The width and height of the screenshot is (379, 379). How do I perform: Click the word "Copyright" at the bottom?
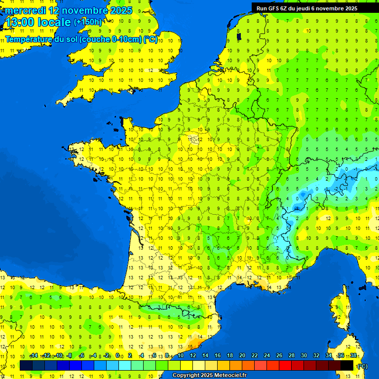pyautogui.click(x=187, y=375)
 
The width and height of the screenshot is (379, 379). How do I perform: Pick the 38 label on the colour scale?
pyautogui.click(x=353, y=355)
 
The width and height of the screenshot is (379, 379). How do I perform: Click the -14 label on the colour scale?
pyautogui.click(x=34, y=355)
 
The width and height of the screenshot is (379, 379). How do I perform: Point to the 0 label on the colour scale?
pyautogui.click(x=117, y=355)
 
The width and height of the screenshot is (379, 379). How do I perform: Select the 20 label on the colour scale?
pyautogui.click(x=242, y=355)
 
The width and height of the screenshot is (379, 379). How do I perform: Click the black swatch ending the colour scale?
pyautogui.click(x=347, y=365)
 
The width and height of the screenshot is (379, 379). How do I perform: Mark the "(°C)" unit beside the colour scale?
pyautogui.click(x=363, y=366)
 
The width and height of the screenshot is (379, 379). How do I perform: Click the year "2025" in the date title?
pyautogui.click(x=121, y=10)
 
